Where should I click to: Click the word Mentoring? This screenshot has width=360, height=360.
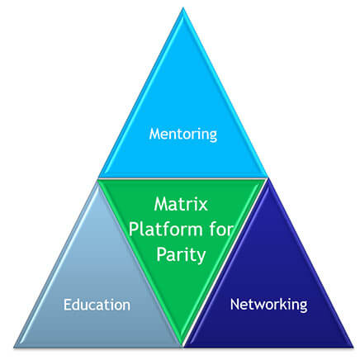click(x=183, y=135)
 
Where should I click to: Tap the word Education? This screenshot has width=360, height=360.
click(x=97, y=305)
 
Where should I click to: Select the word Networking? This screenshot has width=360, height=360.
click(x=269, y=305)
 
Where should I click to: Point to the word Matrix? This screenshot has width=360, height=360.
click(x=181, y=204)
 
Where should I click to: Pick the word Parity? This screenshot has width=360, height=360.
click(x=181, y=255)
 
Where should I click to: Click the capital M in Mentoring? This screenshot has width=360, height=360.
click(x=155, y=134)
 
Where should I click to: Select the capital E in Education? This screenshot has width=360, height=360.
click(x=67, y=305)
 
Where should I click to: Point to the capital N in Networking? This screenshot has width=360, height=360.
click(x=234, y=304)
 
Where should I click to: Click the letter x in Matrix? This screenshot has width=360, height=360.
click(x=202, y=206)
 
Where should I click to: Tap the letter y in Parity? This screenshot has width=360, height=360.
click(x=201, y=258)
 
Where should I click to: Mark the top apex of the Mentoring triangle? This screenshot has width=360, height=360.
click(x=183, y=7)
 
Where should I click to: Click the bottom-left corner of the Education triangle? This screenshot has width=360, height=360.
click(x=14, y=348)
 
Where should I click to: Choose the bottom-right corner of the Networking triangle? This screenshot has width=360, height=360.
click(x=353, y=348)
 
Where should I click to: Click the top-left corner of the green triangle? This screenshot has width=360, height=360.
click(x=98, y=178)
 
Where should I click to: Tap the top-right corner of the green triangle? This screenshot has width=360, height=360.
click(x=268, y=178)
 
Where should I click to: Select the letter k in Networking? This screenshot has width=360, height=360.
click(x=282, y=304)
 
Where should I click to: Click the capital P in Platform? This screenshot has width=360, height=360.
click(x=134, y=229)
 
